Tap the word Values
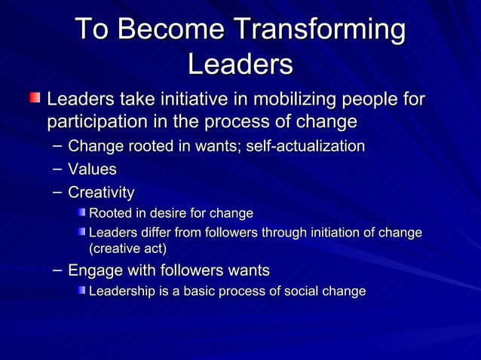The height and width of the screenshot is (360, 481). click(92, 169)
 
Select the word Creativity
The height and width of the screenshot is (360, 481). click(101, 193)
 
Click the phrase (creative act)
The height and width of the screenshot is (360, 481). click(127, 248)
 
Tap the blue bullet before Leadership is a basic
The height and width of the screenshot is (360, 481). click(81, 291)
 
